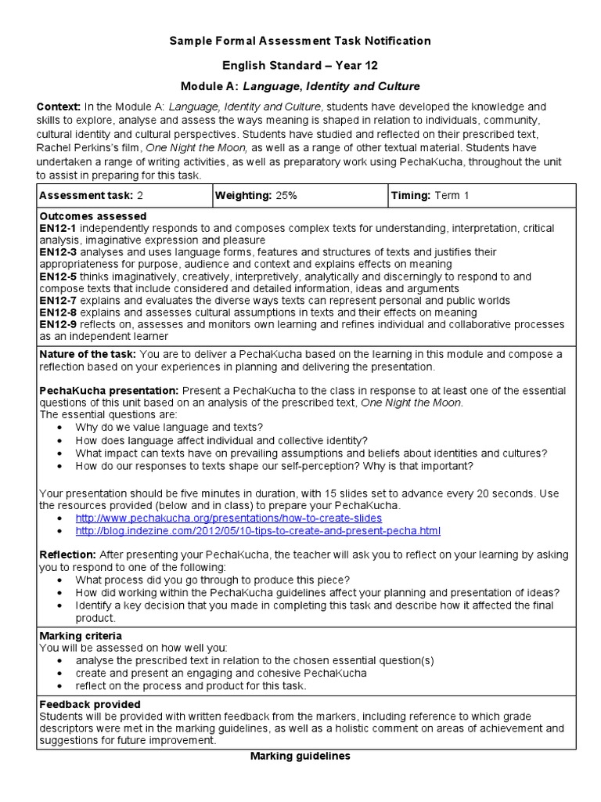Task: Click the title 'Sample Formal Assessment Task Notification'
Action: click(x=300, y=41)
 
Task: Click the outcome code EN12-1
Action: click(x=57, y=228)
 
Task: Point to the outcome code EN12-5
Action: click(x=57, y=276)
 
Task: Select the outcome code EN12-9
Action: click(x=57, y=324)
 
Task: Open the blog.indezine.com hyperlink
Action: click(x=257, y=531)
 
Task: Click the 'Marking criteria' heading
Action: click(x=81, y=635)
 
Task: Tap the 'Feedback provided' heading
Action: click(x=90, y=704)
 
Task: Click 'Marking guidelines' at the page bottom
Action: click(x=300, y=756)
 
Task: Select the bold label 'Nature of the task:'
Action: click(x=87, y=354)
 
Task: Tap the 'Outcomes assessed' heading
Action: click(x=92, y=215)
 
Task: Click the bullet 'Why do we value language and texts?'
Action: click(x=169, y=427)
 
